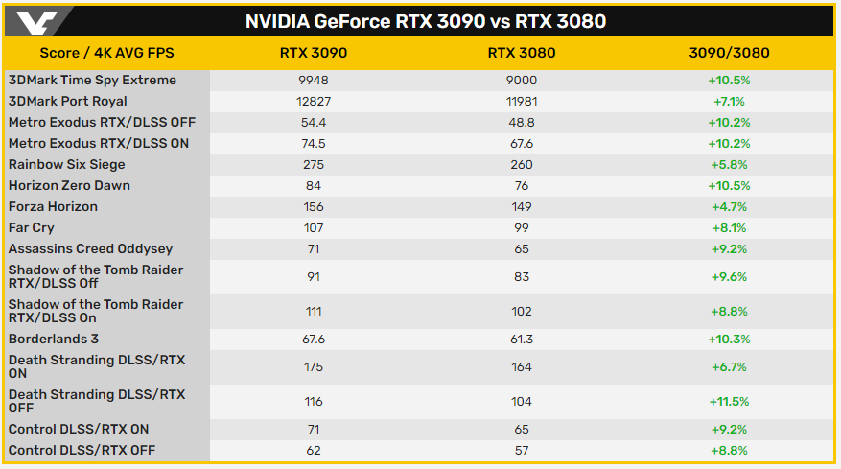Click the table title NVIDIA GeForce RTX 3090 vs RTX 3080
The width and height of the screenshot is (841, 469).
[426, 20]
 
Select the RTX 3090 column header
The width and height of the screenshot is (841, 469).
[313, 53]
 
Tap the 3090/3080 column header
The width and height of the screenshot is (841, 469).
[727, 53]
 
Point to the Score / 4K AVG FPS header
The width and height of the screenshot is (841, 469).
[106, 53]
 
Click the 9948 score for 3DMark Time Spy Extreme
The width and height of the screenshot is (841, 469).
[313, 81]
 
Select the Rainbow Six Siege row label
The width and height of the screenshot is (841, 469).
[68, 165]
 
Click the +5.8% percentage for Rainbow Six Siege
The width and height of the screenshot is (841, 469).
[727, 165]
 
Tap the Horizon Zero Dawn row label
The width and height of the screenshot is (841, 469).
[69, 186]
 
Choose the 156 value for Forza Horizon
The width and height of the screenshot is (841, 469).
[313, 207]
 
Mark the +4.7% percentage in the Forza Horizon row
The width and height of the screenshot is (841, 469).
[727, 207]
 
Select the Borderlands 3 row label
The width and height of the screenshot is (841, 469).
[53, 340]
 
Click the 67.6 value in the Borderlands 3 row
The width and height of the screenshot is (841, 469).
[313, 340]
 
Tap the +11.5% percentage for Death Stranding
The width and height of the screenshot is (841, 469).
[727, 402]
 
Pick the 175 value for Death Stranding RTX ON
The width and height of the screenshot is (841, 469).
[313, 367]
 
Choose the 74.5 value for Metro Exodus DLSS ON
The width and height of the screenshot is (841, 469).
[313, 144]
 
